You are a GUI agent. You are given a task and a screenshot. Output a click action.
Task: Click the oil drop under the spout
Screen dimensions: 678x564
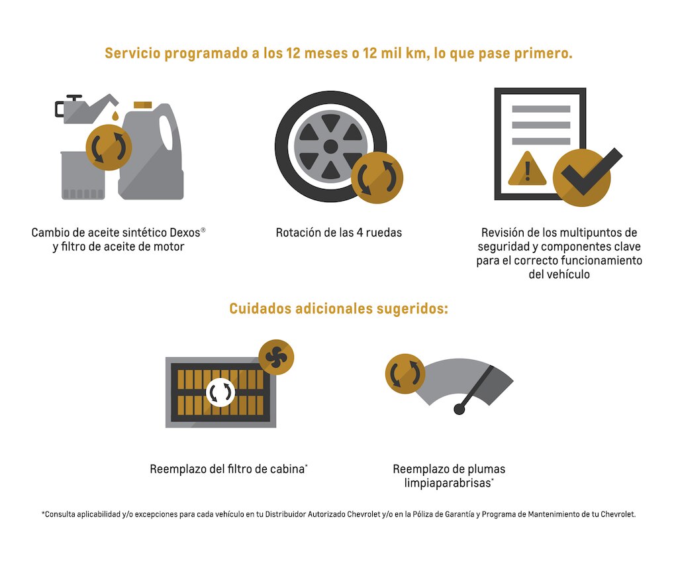115,116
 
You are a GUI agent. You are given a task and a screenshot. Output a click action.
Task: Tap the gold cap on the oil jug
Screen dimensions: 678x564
143,105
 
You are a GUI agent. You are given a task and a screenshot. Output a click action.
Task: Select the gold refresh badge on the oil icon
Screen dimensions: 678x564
109,148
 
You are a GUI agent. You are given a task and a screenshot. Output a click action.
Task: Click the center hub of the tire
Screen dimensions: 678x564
331,146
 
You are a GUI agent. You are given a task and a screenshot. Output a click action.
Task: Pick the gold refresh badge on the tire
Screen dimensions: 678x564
377,178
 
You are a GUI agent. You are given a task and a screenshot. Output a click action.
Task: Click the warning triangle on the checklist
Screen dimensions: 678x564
527,168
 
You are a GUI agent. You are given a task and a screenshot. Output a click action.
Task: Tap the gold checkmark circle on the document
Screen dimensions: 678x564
581,178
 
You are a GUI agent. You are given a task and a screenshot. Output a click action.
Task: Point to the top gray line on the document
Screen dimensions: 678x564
541,109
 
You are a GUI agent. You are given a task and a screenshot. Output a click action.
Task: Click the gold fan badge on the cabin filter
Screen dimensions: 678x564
276,357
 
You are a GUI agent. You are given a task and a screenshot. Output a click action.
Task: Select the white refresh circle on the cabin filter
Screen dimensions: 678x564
220,392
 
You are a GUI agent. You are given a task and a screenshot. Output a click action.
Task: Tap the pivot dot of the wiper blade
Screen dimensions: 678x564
460,409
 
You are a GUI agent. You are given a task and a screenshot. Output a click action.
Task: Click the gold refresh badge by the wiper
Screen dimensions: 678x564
405,374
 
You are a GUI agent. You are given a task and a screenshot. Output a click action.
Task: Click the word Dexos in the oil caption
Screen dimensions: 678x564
185,233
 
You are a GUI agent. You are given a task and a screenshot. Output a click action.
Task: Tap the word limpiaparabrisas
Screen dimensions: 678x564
448,483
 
